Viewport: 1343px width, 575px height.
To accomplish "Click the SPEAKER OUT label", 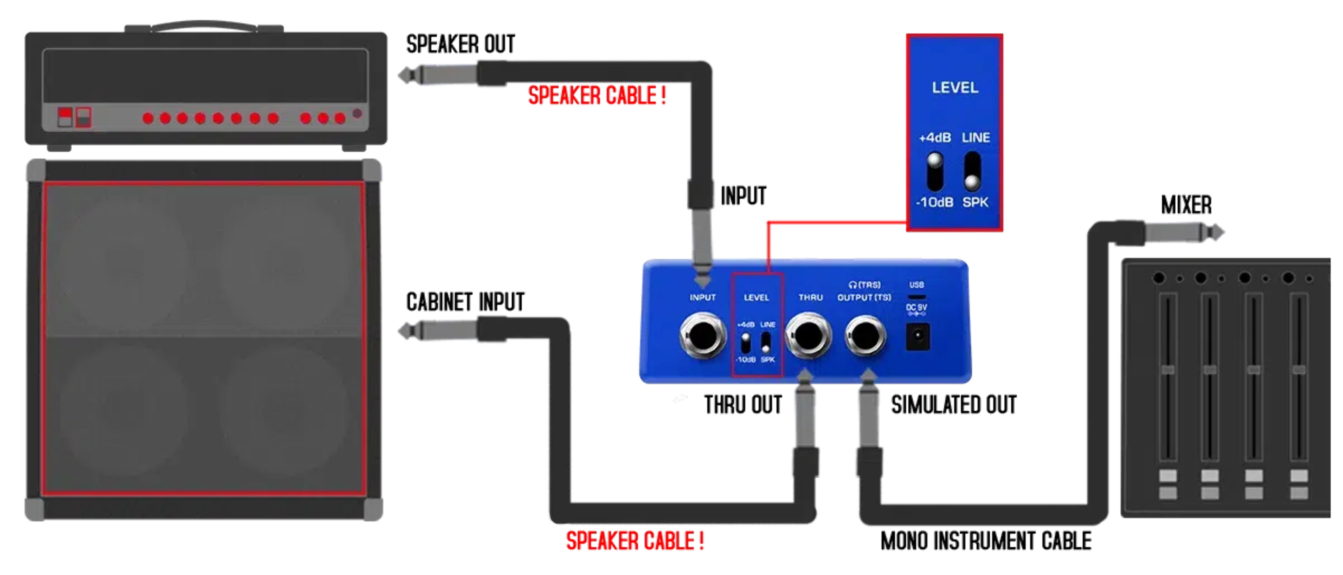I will pos(460,44).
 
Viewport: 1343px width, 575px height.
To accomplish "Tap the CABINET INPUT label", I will pos(465,302).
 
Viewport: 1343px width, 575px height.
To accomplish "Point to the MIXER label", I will pos(1186,205).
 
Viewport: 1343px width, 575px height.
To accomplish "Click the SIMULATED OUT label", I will pos(954,405).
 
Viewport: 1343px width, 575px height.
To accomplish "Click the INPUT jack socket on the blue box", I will pos(702,336).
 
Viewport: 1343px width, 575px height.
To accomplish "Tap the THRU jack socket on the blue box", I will pos(808,336).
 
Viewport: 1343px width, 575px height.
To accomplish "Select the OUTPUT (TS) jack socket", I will pos(864,336).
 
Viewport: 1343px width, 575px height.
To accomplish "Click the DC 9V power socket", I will pos(917,337).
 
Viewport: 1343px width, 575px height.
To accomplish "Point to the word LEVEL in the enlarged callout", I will pos(954,87).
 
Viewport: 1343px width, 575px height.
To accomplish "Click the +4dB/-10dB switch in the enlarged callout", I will pos(935,171).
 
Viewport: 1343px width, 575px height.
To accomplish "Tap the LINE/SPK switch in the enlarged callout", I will pos(972,171).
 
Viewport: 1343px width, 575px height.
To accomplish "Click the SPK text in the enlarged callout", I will pos(975,202).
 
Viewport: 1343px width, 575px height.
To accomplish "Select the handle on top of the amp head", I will pos(203,25).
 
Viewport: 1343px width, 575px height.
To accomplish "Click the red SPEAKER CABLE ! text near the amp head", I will pos(597,96).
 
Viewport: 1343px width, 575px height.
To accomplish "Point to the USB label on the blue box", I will pos(916,285).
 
